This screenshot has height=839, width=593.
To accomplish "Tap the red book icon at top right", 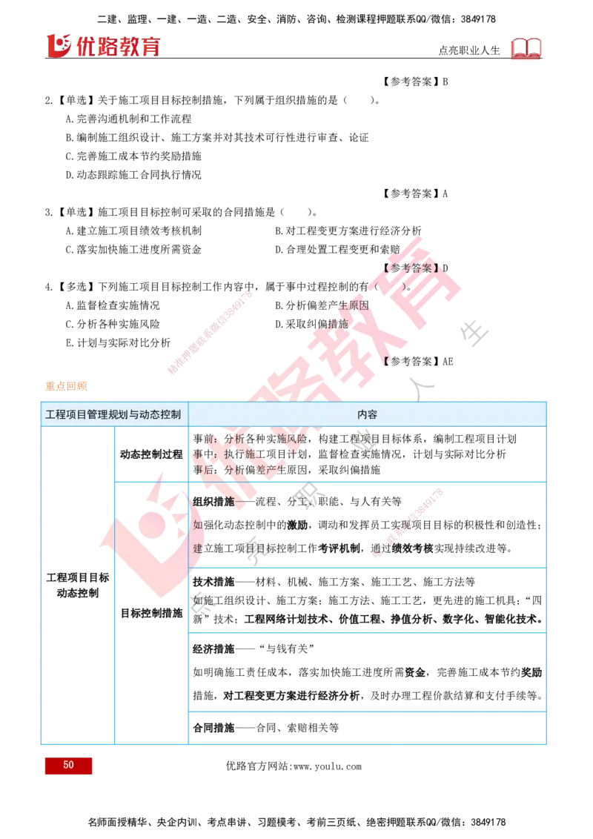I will click(526, 49).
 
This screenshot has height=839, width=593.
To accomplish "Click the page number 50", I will click(68, 766).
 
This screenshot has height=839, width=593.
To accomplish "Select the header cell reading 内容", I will click(367, 414).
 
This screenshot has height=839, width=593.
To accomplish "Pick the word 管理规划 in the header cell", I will click(107, 414).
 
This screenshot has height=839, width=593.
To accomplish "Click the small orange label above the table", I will click(66, 385).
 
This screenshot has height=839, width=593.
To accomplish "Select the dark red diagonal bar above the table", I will click(211, 333).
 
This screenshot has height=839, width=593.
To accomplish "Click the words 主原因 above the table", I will click(354, 305).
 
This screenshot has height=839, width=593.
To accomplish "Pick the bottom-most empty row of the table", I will click(367, 726).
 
